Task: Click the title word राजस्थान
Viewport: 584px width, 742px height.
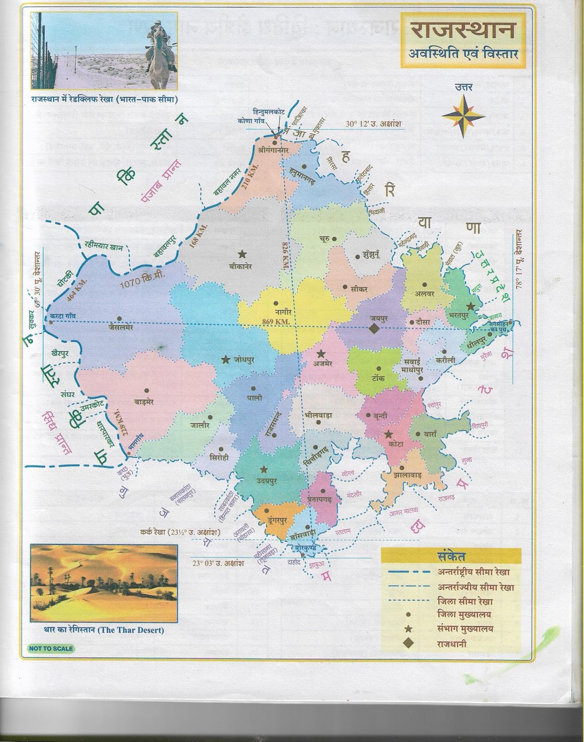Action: [462, 32]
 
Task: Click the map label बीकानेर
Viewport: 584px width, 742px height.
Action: [241, 267]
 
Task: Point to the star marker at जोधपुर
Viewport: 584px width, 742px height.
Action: [225, 359]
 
